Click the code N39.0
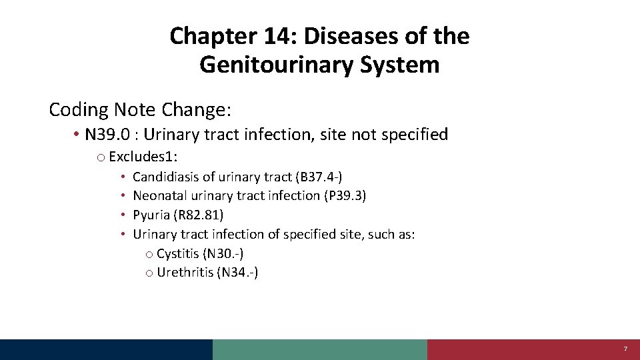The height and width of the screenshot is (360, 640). click(x=109, y=135)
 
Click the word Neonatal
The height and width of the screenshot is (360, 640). click(x=160, y=195)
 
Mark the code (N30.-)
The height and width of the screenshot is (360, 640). click(x=230, y=253)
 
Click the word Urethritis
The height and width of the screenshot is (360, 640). click(x=185, y=272)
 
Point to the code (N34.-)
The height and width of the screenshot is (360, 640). click(x=238, y=272)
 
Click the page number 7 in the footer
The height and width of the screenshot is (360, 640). click(x=625, y=349)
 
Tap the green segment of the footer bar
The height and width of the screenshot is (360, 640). click(x=320, y=349)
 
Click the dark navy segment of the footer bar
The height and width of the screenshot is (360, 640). click(x=107, y=349)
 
